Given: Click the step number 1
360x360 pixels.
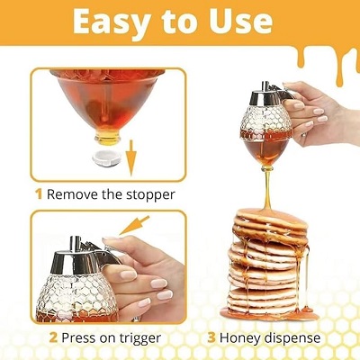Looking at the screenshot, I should (39, 193).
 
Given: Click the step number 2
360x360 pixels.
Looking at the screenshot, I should (53, 338).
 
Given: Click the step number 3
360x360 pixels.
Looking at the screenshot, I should (211, 338).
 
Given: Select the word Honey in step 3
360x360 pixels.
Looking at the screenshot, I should (245, 338).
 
